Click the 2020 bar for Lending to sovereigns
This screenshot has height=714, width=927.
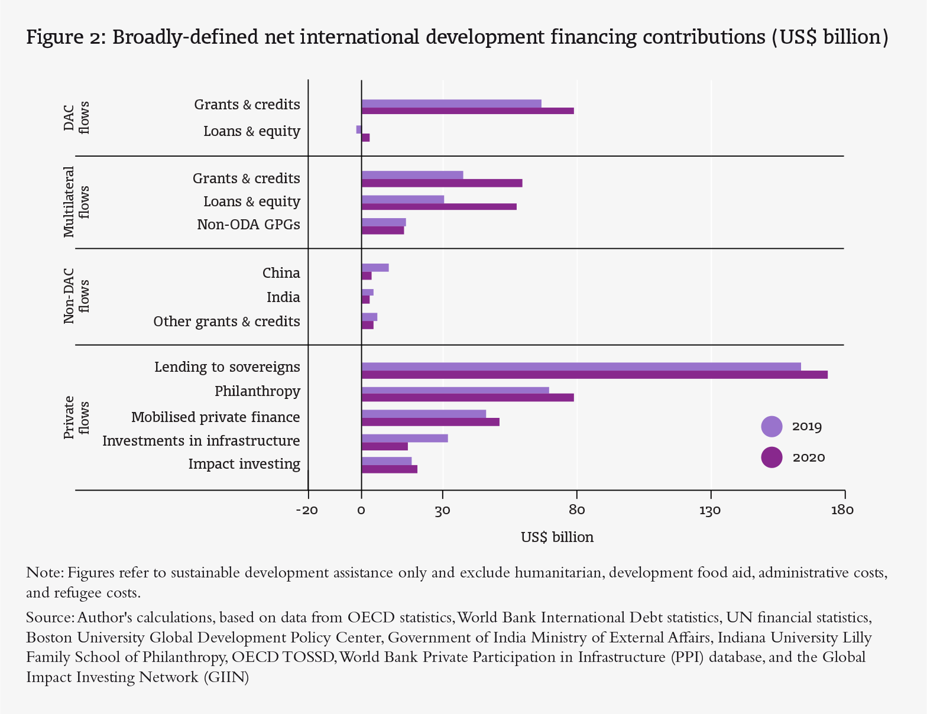[x=594, y=375]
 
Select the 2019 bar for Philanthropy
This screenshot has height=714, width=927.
[x=455, y=390]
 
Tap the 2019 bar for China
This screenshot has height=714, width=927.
[x=375, y=268]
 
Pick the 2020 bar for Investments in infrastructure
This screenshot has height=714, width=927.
[x=384, y=446]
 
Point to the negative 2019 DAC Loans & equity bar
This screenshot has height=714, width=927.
[x=359, y=129]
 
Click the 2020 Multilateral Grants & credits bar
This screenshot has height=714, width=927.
[x=442, y=183]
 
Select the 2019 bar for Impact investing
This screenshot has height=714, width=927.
[x=386, y=461]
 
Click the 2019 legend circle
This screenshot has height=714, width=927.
[x=772, y=426]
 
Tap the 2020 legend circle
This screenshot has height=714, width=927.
[x=772, y=457]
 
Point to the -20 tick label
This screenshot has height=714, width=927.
[x=307, y=511]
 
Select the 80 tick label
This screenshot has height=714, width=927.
[x=576, y=511]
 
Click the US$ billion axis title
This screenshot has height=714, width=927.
[x=557, y=537]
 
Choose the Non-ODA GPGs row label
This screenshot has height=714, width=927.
[x=248, y=225]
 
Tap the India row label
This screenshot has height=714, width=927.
[x=283, y=297]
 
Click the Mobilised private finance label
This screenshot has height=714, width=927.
[x=215, y=417]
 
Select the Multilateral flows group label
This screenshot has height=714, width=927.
[x=77, y=202]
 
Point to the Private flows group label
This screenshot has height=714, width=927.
[x=77, y=417]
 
